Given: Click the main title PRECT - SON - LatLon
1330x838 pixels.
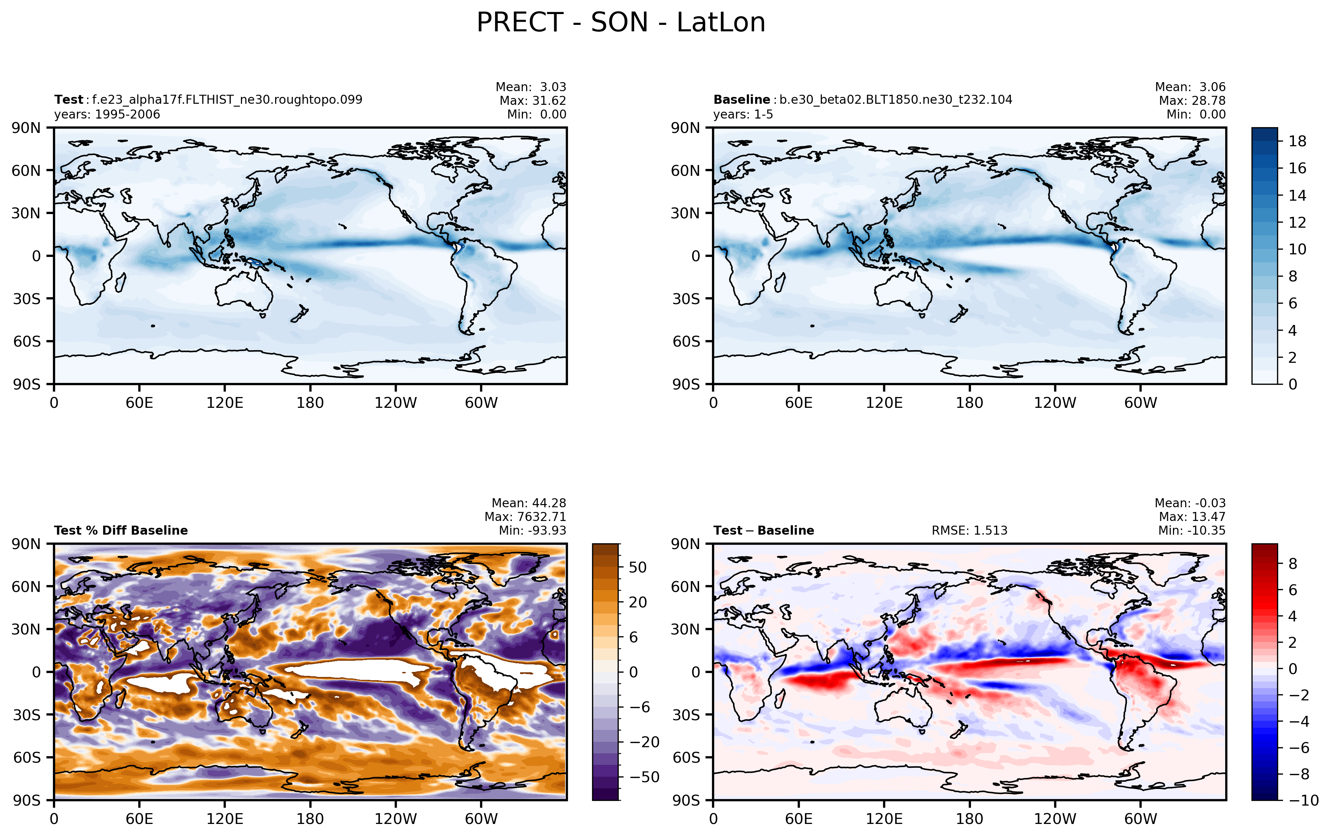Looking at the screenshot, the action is coord(621,23).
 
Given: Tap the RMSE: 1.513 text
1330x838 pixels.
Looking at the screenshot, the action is coord(969,530).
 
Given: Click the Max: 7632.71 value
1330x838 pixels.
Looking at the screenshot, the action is coord(525,517).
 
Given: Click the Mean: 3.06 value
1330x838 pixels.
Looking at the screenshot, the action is coord(1190,87).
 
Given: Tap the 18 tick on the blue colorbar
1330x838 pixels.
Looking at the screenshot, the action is coord(1298,142).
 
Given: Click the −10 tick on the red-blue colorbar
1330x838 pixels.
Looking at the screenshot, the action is coord(1304,800).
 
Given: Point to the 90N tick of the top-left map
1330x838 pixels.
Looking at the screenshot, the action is coord(26,128).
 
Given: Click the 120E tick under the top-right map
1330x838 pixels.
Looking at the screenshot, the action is coord(884,403).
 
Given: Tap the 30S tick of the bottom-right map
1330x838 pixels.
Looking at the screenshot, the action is coord(686,715).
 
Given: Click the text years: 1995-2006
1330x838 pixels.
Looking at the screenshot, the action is coord(107,114).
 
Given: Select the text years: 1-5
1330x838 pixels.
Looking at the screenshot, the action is coord(743,114).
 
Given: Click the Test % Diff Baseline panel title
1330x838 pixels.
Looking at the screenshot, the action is coord(121,530).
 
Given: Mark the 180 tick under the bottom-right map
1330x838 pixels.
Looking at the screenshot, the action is coord(969,819).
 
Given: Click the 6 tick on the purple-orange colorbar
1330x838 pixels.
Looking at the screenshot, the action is coord(633,637).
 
